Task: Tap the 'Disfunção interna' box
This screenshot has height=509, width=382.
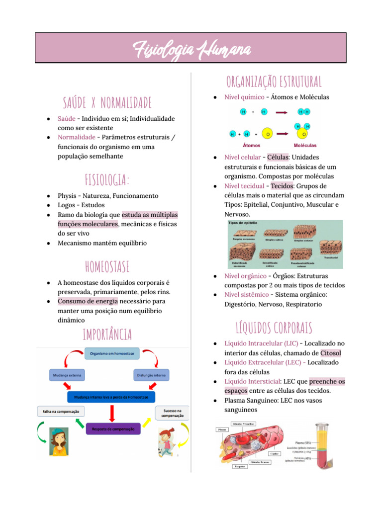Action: tap(151, 375)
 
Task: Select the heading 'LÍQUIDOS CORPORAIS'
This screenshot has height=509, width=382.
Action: tap(274, 328)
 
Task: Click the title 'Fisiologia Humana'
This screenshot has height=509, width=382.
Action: tap(191, 49)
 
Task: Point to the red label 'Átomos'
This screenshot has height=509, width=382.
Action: tap(251, 146)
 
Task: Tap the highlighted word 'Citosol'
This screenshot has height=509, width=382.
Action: tap(331, 353)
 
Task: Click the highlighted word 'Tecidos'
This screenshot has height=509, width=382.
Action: tap(282, 186)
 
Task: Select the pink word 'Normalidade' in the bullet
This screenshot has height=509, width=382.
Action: tap(76, 137)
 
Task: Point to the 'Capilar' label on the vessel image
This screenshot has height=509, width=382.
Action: tap(273, 453)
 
